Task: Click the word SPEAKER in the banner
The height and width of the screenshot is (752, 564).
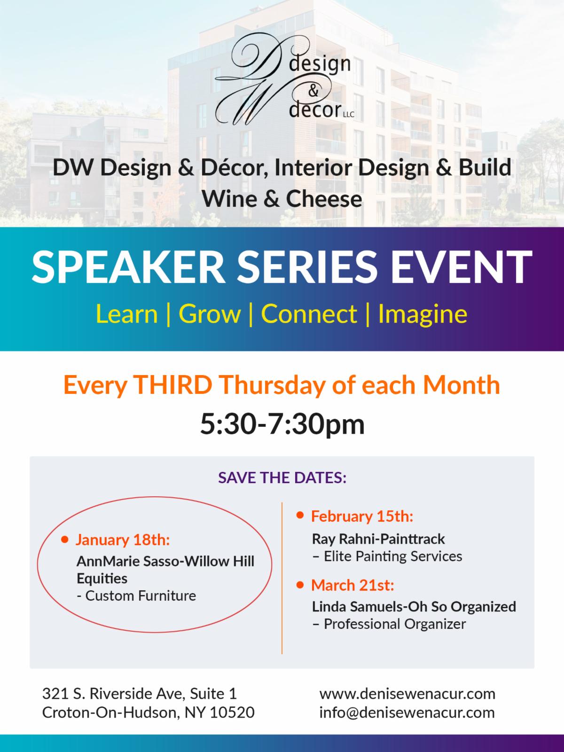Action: click(128, 267)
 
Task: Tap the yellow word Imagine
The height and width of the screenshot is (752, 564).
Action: click(423, 314)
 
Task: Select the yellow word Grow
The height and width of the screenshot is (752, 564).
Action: click(210, 314)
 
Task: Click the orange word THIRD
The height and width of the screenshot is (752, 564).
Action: click(173, 385)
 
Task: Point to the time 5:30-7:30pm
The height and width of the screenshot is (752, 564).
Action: click(282, 424)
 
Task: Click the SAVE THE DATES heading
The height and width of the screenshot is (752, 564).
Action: click(282, 478)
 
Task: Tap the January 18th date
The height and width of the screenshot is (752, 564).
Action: click(123, 540)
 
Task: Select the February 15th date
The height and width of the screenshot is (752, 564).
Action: click(362, 516)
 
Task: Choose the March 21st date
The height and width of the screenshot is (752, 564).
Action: click(352, 585)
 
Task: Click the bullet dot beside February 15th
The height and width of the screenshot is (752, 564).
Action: click(300, 515)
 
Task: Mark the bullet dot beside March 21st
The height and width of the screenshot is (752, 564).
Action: click(300, 585)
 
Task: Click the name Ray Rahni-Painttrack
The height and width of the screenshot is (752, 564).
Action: click(378, 539)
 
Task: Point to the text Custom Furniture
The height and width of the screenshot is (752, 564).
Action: click(141, 596)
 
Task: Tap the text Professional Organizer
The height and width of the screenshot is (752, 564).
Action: click(395, 624)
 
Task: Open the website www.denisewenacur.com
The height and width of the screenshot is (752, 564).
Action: click(407, 694)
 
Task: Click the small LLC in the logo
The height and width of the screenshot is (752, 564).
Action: click(349, 115)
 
